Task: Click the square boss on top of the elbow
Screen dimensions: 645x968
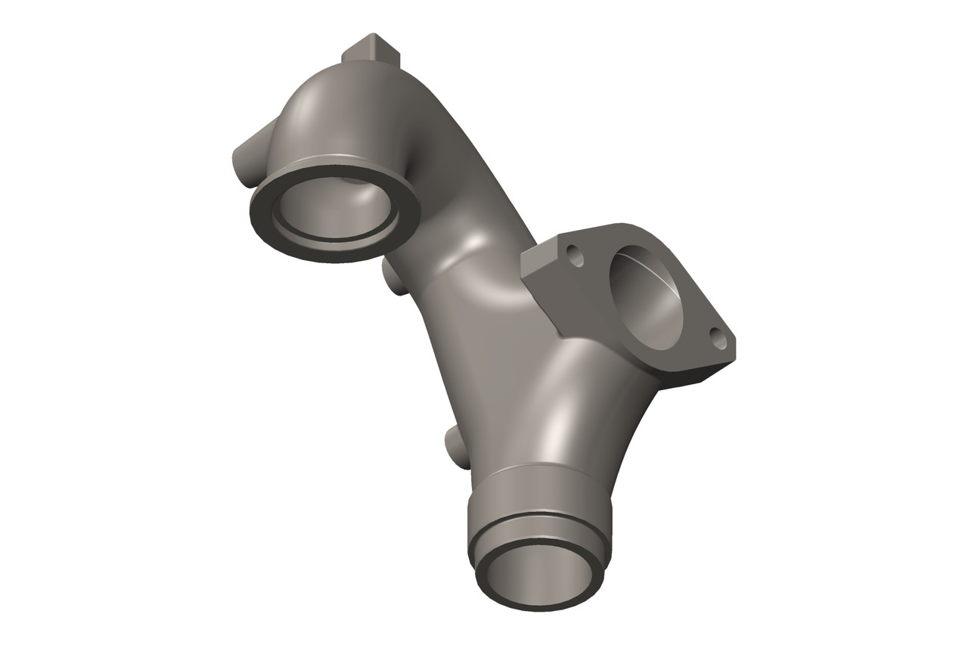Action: click(371, 52)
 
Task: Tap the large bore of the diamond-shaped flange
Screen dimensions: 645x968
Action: click(646, 303)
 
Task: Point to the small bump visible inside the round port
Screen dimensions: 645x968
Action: click(349, 181)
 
